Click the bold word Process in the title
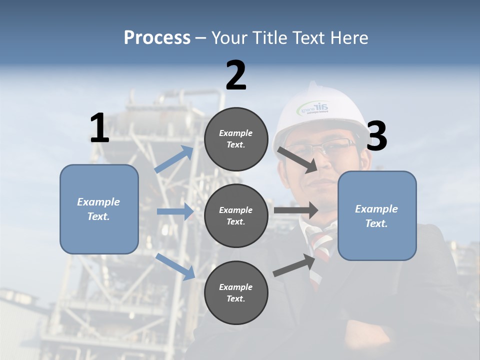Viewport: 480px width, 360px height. pos(157,38)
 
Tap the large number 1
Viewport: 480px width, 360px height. pos(99,128)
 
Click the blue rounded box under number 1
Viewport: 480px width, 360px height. pos(99,209)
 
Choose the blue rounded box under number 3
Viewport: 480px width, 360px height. pos(377,216)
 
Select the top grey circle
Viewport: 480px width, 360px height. pos(236,139)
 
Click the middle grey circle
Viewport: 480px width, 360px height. pos(236,216)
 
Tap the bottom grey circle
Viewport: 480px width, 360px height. pos(236,293)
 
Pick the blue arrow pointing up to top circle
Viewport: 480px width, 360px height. pos(174,159)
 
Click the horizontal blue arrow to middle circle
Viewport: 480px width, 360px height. pos(175,211)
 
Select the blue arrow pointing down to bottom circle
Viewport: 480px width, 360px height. pos(175,266)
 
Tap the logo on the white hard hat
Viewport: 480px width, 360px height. pos(313,107)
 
